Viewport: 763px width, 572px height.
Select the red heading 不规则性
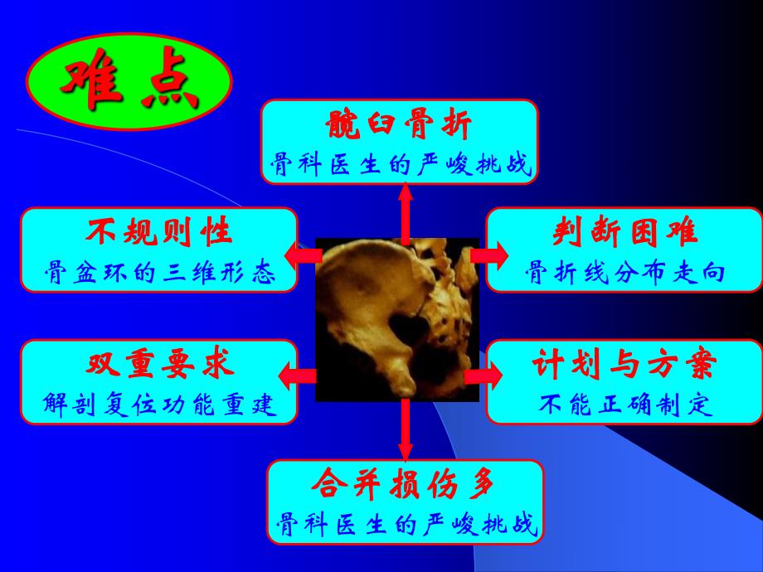pos(158,233)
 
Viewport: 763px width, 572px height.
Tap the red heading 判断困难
pos(624,233)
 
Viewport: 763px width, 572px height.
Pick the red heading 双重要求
pos(158,366)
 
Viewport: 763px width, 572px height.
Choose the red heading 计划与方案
pos(624,366)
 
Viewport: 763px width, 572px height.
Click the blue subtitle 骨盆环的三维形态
pos(158,273)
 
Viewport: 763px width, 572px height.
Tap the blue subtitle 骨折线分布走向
pos(624,273)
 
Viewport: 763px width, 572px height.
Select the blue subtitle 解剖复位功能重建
pos(158,405)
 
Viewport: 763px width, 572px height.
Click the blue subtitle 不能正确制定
pos(624,405)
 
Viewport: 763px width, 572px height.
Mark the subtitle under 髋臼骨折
pos(399,165)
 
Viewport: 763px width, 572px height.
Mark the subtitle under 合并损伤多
pos(405,525)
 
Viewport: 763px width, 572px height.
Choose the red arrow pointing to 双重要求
pos(299,377)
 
